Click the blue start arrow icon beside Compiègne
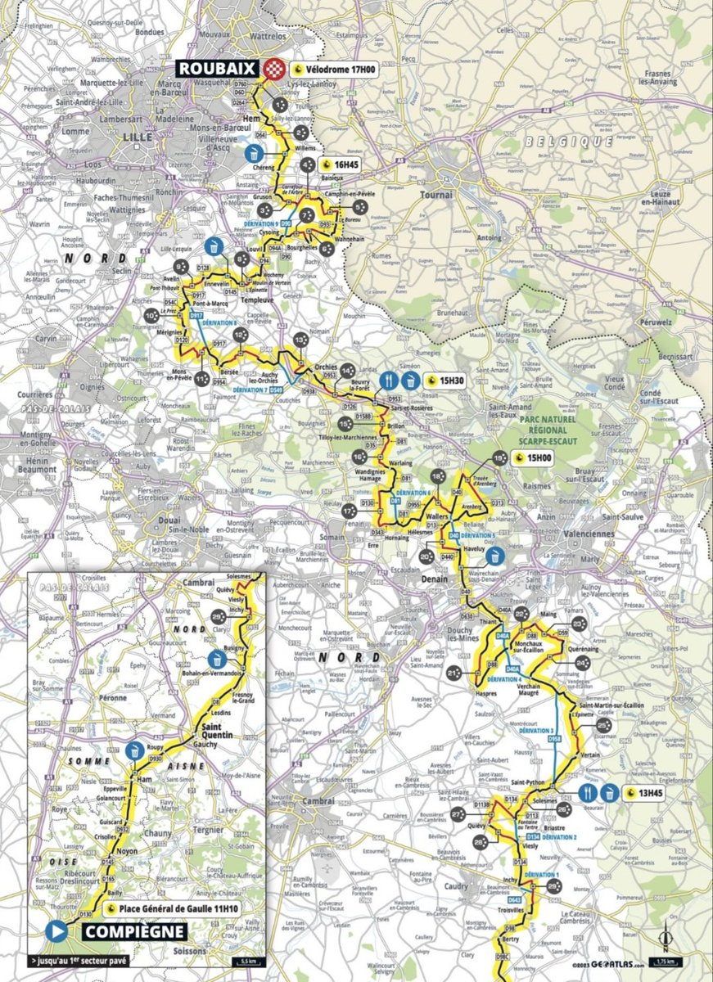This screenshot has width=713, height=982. pyautogui.click(x=56, y=931)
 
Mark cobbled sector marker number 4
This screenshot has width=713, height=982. pyautogui.click(x=307, y=164)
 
